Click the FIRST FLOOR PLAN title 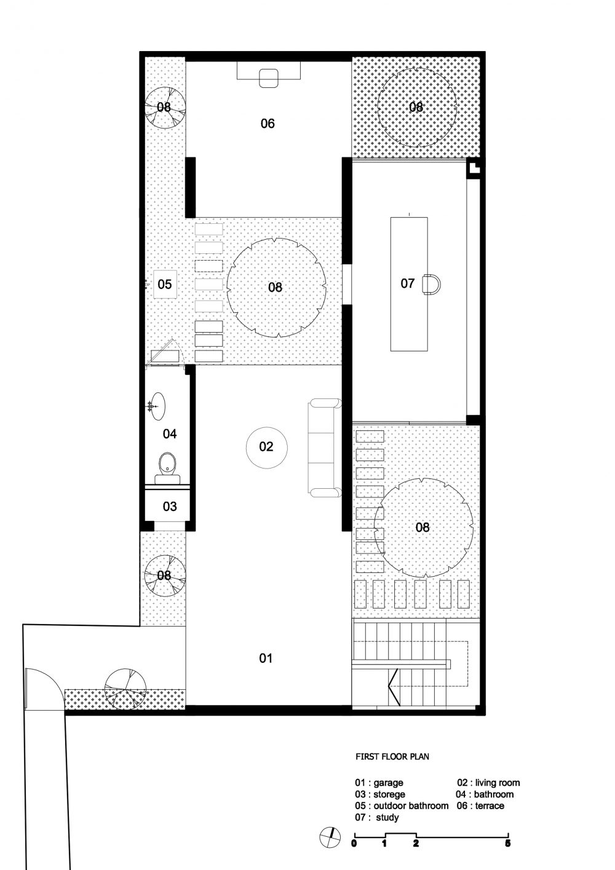[392, 757]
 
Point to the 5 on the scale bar [507, 843]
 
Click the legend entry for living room [488, 783]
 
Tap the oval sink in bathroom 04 [157, 406]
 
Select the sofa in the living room [325, 448]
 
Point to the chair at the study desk [432, 285]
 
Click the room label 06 [268, 124]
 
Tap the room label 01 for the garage [266, 658]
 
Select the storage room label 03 [170, 506]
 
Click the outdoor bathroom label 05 [165, 284]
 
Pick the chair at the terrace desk [269, 77]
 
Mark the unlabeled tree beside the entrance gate [125, 689]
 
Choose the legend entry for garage [379, 783]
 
